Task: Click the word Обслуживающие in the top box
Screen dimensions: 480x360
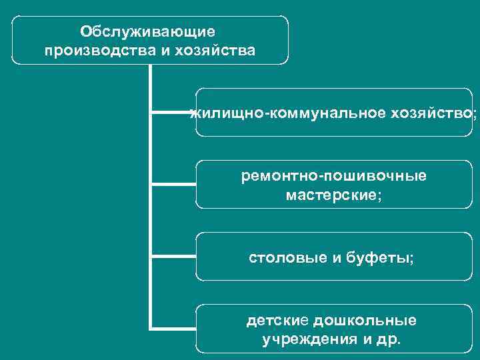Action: pos(148,31)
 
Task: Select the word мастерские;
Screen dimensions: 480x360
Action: pos(334,196)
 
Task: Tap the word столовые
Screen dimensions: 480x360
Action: pos(287,257)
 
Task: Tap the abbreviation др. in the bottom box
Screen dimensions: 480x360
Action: pos(390,340)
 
